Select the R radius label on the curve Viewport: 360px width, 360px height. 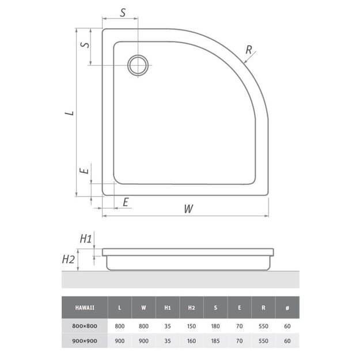point(249,50)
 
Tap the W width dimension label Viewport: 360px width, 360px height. point(188,209)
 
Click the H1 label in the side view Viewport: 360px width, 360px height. point(86,239)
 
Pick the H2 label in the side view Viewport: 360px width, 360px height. point(69,259)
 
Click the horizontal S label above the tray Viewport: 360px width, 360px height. point(123,13)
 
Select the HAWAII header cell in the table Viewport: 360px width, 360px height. point(85,308)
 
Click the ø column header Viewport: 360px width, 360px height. point(287,308)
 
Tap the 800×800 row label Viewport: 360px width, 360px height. point(85,326)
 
